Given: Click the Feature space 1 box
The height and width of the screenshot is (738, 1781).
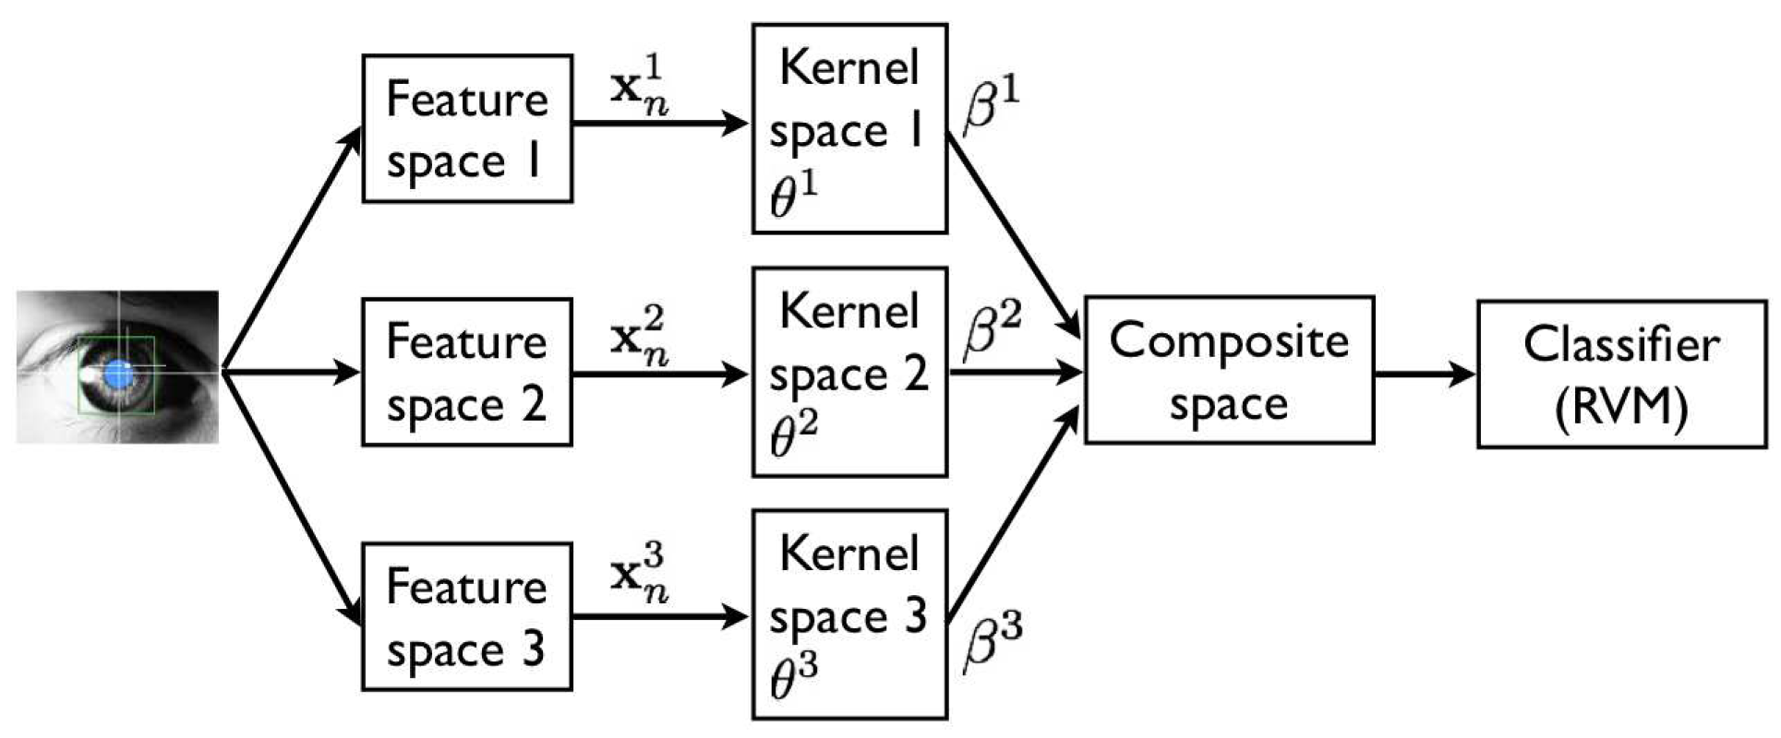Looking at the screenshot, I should pos(466,129).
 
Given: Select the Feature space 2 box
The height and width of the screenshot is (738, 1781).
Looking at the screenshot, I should pos(466,373).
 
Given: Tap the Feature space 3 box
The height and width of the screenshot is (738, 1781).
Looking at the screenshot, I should pos(466,616).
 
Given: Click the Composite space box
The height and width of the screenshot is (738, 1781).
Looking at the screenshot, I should pos(1228,370).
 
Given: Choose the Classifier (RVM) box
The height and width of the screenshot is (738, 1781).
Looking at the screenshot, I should pos(1621,374).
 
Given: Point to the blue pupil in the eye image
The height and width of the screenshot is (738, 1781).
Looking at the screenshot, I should pos(117,374).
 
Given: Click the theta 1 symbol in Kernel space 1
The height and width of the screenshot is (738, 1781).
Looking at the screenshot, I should pos(793,196).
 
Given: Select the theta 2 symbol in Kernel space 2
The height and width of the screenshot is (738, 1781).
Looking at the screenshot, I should pos(793,437).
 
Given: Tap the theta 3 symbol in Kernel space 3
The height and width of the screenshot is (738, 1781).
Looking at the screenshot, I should pos(793,680).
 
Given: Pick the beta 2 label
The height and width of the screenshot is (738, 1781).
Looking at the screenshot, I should pos(992,330).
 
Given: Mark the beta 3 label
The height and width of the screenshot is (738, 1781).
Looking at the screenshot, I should pos(992,641).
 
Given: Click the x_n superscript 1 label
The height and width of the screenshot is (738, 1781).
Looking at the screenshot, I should pos(640,88).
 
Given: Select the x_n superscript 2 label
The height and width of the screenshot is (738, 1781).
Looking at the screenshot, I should pos(640,338).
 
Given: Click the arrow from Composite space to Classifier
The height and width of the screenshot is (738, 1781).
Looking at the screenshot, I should pos(1424,374).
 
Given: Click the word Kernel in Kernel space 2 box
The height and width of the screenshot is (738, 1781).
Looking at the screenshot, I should pos(848,311).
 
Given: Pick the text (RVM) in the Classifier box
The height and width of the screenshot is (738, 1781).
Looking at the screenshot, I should pos(1621,407).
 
